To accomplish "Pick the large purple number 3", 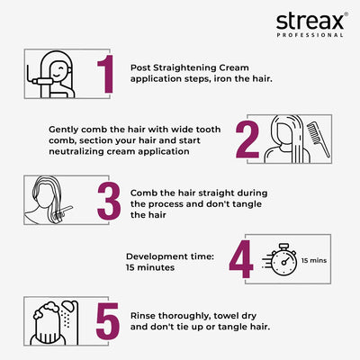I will click(x=108, y=202).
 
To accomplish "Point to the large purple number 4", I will click(x=240, y=261).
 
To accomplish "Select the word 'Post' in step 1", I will click(x=140, y=67).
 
